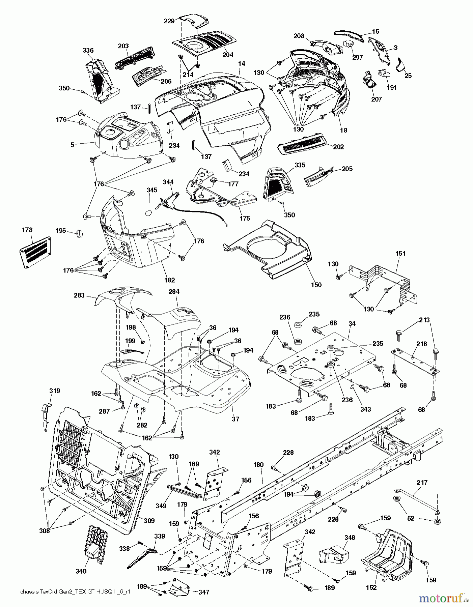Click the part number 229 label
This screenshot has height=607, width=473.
click(169, 21)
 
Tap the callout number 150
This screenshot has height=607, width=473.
click(316, 285)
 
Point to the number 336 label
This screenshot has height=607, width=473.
click(88, 51)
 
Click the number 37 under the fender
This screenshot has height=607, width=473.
click(235, 419)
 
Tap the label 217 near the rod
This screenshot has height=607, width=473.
click(422, 483)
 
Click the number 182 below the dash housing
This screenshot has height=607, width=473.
click(169, 280)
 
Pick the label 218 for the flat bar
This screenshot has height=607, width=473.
click(422, 344)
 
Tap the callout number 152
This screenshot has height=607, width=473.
click(371, 587)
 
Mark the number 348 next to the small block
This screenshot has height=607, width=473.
click(350, 538)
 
